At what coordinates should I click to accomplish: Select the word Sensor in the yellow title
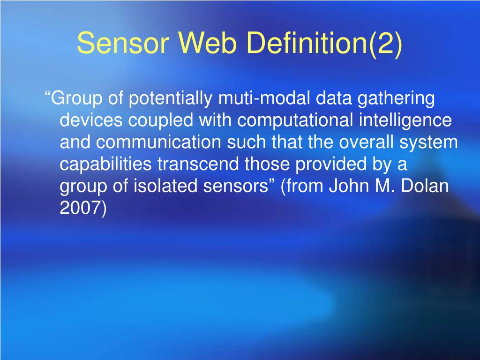123,43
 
